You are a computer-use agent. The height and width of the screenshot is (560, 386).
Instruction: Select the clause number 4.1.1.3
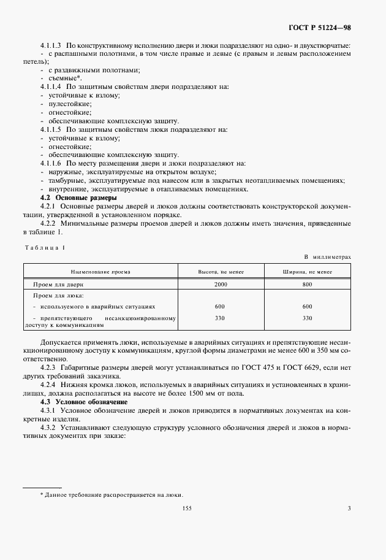51,46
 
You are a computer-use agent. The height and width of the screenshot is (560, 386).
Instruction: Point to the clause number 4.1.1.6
51,164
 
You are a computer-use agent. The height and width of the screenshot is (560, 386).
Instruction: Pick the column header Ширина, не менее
307,270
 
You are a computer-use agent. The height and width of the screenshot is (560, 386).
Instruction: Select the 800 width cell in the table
307,285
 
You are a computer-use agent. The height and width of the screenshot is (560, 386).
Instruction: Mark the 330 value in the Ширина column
307,318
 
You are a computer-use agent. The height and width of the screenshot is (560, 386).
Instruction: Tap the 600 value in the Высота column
220,305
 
